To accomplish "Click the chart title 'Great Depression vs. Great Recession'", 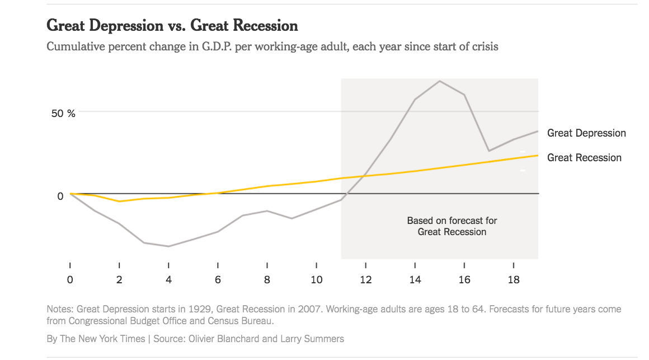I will (172, 26).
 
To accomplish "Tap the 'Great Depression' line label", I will (586, 133).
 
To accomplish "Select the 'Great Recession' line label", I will (584, 158).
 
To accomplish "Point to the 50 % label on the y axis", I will (63, 113).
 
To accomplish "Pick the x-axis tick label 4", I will (168, 279).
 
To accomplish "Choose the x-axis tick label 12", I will (365, 279).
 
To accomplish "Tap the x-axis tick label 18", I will (514, 279).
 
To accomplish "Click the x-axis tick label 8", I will (267, 279).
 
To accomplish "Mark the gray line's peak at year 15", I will (440, 81).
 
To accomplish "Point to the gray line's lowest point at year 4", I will (168, 246).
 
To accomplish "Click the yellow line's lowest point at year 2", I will (119, 202).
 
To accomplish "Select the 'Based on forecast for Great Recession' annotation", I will (452, 226).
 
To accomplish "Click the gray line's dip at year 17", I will (489, 151).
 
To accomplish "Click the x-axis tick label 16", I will (464, 279).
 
